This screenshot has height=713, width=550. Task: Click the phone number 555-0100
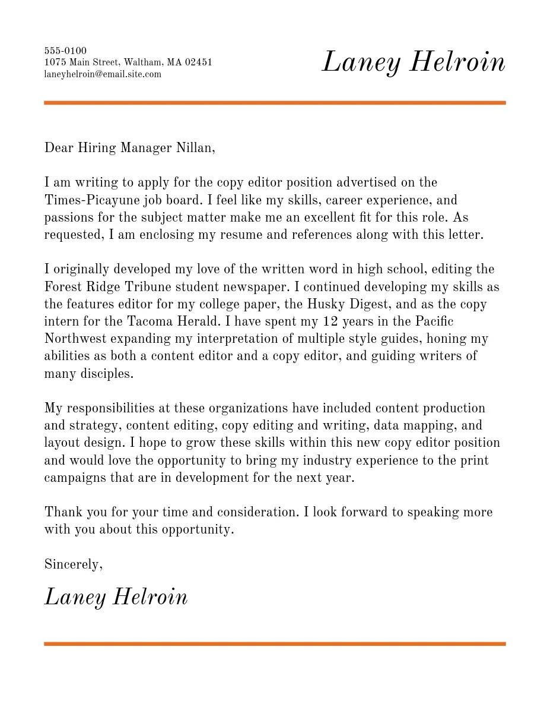pyautogui.click(x=65, y=51)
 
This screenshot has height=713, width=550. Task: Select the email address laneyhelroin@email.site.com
pyautogui.click(x=103, y=74)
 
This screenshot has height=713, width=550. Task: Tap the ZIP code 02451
pyautogui.click(x=199, y=62)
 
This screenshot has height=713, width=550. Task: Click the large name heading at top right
pyautogui.click(x=413, y=62)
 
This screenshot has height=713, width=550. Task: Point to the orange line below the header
pyautogui.click(x=275, y=103)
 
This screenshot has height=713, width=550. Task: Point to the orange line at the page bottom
pyautogui.click(x=275, y=643)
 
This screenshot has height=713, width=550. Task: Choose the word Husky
pyautogui.click(x=324, y=304)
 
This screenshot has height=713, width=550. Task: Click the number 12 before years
pyautogui.click(x=330, y=321)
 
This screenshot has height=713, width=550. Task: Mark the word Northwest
pyautogui.click(x=75, y=339)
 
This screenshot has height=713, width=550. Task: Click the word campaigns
pyautogui.click(x=75, y=478)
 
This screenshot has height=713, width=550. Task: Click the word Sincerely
pyautogui.click(x=73, y=564)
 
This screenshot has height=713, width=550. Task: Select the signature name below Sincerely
pyautogui.click(x=116, y=597)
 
